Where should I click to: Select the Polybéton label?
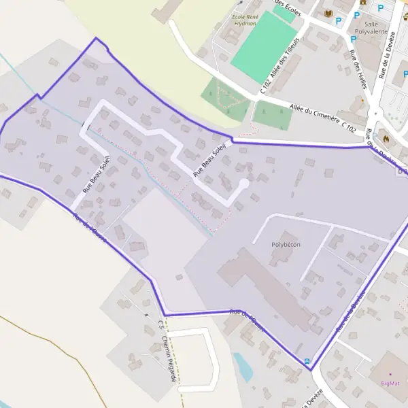[x=286, y=243]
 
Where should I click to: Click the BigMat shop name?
[x=390, y=383]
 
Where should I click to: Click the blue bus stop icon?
[x=307, y=361]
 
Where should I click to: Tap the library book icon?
[x=329, y=14]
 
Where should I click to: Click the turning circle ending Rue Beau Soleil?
[x=244, y=183]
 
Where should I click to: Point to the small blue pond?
[x=243, y=367]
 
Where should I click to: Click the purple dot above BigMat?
[x=390, y=374]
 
